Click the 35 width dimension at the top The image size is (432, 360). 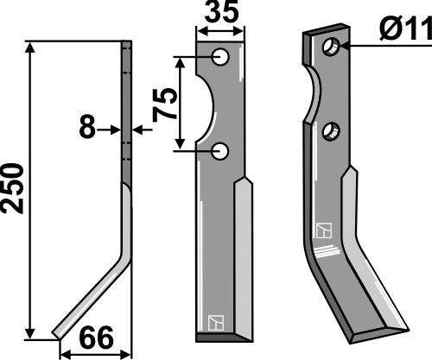219,15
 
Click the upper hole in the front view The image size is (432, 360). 222,57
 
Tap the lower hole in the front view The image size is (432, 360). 222,151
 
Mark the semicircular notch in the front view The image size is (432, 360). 207,104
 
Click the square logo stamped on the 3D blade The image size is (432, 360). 325,231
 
